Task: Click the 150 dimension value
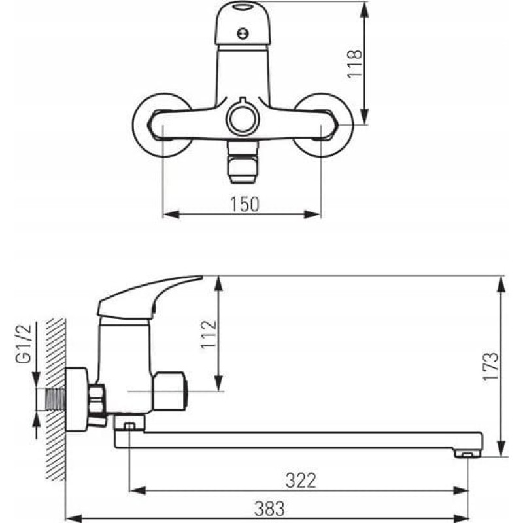tap(245, 204)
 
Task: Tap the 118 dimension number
tap(354, 64)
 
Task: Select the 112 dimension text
tap(209, 335)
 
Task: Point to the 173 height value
tap(491, 366)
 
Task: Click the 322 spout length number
tap(301, 481)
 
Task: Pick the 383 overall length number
tap(269, 509)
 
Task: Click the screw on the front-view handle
tap(243, 34)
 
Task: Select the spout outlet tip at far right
tap(467, 453)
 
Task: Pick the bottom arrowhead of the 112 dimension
tap(218, 382)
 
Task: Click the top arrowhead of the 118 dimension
tap(365, 9)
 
